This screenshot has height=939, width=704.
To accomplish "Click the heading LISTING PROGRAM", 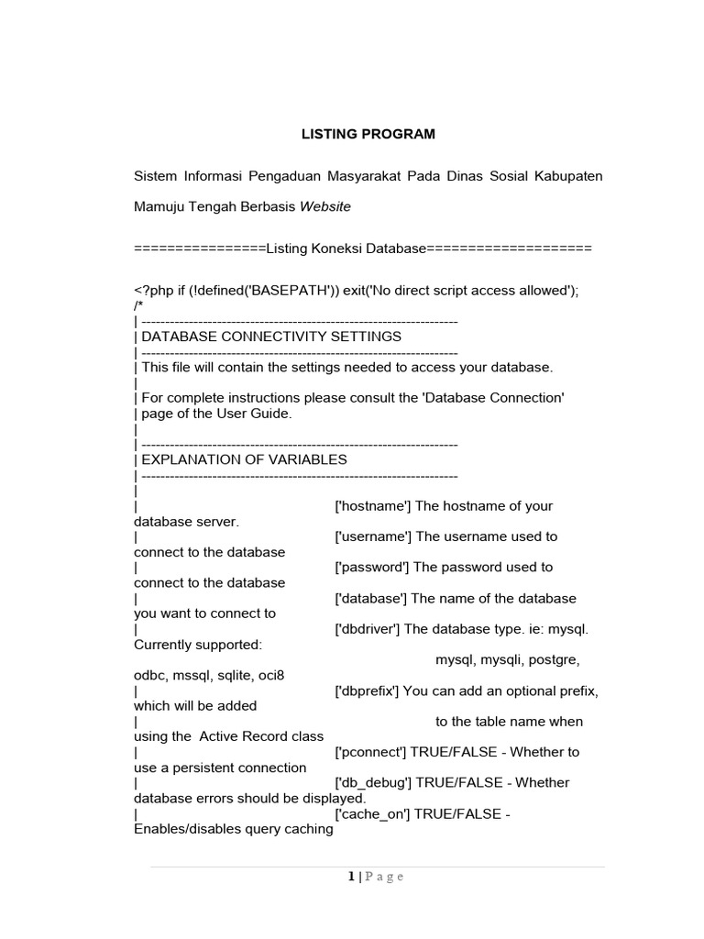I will click(368, 134).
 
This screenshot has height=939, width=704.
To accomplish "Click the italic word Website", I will click(325, 207).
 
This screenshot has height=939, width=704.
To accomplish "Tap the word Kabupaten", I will click(568, 176).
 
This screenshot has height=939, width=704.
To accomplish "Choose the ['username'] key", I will click(374, 536).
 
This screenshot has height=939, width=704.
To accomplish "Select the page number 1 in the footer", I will click(351, 877).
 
